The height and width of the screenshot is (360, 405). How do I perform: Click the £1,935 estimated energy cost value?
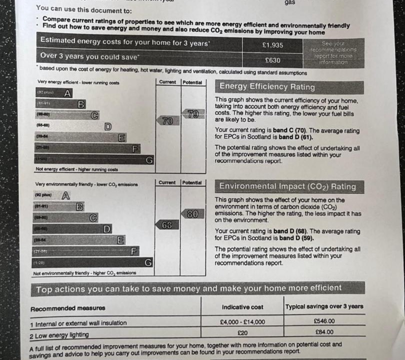click(272, 45)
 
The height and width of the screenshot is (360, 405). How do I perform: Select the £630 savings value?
click(272, 60)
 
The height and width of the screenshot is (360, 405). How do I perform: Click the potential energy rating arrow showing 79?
click(192, 114)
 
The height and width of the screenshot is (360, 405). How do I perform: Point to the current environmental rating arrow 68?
click(167, 225)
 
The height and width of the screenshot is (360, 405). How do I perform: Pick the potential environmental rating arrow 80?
click(192, 214)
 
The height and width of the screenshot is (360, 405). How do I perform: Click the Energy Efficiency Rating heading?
click(267, 87)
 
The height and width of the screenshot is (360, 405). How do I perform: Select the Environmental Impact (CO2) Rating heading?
click(288, 187)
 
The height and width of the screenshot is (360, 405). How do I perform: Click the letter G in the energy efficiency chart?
click(148, 160)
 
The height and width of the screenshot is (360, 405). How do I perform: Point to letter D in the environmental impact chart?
click(107, 229)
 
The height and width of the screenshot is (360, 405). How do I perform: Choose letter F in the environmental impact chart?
click(134, 251)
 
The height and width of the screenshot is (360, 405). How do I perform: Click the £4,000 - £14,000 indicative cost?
click(242, 322)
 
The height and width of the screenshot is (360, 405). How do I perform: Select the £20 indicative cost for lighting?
click(242, 331)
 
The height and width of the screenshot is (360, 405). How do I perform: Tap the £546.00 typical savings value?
click(324, 321)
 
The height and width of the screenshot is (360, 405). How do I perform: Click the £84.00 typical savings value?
click(324, 331)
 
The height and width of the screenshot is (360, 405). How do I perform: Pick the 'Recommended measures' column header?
click(68, 307)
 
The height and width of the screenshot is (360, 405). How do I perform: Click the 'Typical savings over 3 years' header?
click(324, 306)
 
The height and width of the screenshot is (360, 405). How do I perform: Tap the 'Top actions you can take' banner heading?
click(189, 288)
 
